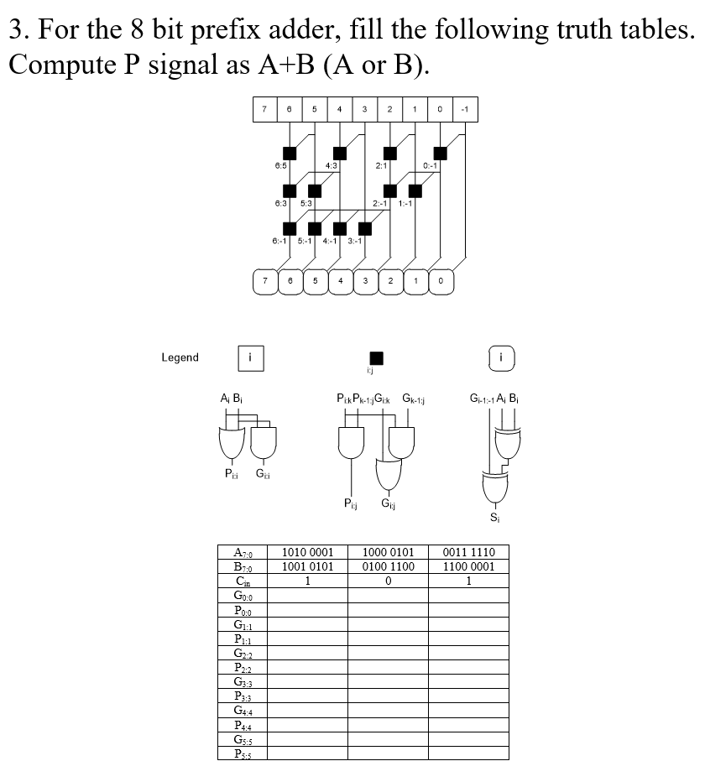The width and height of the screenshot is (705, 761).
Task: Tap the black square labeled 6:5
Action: [x=290, y=153]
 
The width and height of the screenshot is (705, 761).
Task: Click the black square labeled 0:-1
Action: [x=440, y=153]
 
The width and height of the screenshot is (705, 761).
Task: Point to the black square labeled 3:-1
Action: [x=365, y=228]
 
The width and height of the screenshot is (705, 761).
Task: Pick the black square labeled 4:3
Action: [x=340, y=153]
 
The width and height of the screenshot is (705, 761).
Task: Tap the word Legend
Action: [x=180, y=357]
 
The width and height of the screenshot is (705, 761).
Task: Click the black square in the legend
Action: [x=377, y=357]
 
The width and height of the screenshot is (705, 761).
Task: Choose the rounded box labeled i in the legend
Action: [x=501, y=357]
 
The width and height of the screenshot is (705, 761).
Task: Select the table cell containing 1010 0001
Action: [x=308, y=552]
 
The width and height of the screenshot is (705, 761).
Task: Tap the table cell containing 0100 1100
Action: [x=388, y=566]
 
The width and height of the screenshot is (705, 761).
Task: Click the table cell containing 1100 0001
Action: [x=468, y=566]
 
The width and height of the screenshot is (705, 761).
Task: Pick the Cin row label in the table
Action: [x=243, y=581]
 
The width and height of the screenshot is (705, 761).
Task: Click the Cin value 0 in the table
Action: [x=388, y=581]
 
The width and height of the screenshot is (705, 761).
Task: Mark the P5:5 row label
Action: [x=243, y=753]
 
